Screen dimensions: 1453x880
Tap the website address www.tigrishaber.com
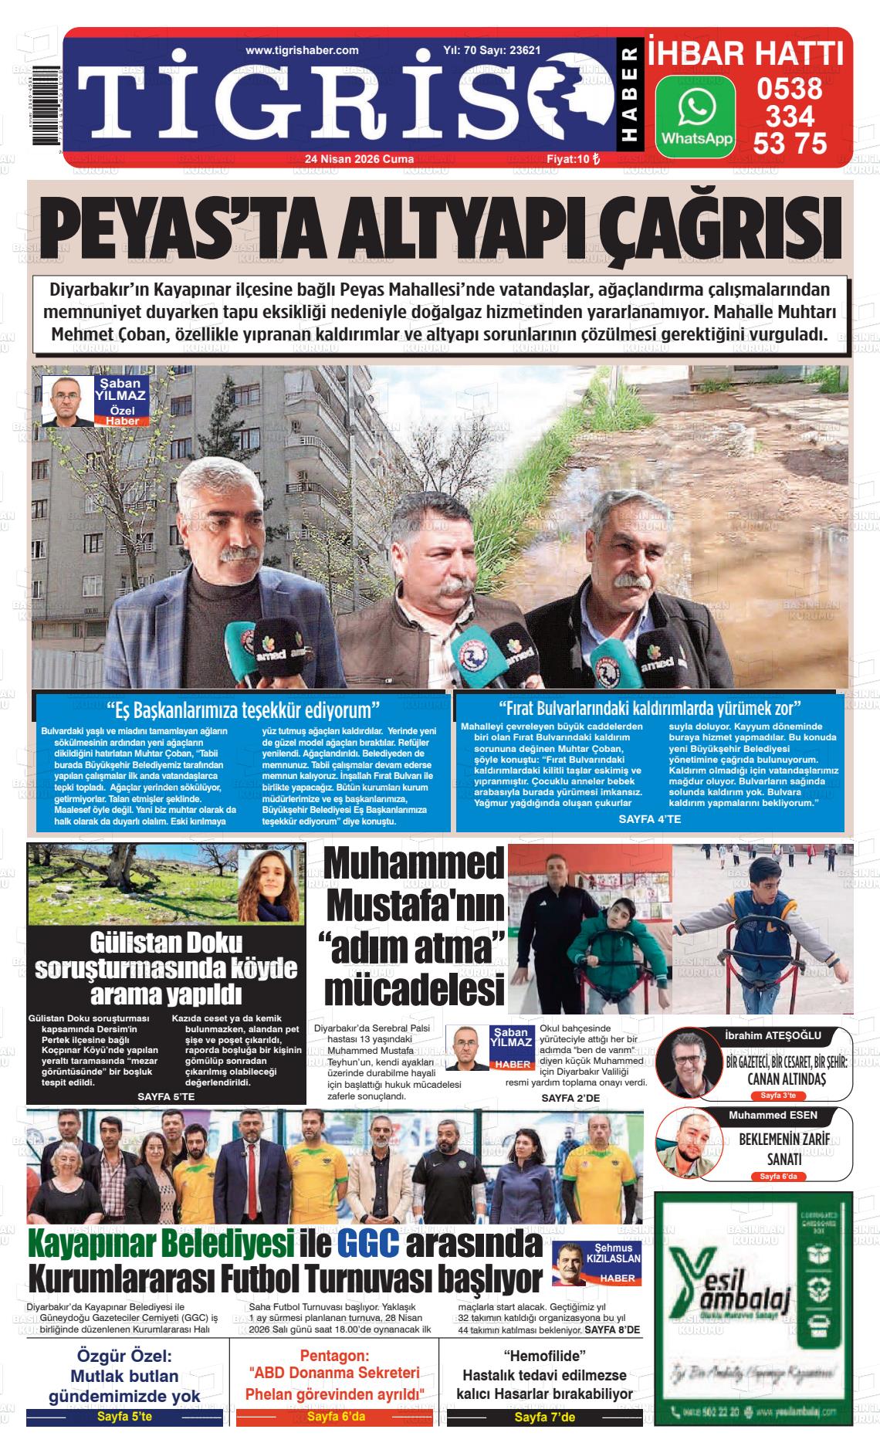[302, 50]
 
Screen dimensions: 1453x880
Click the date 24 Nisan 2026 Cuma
[359, 159]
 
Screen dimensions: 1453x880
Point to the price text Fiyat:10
[569, 159]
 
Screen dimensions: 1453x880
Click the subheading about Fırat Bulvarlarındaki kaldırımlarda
[649, 708]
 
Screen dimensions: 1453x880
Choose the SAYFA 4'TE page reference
[650, 818]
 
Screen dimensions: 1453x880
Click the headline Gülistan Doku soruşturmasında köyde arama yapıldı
[166, 967]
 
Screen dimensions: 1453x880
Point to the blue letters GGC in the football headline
[367, 1243]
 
